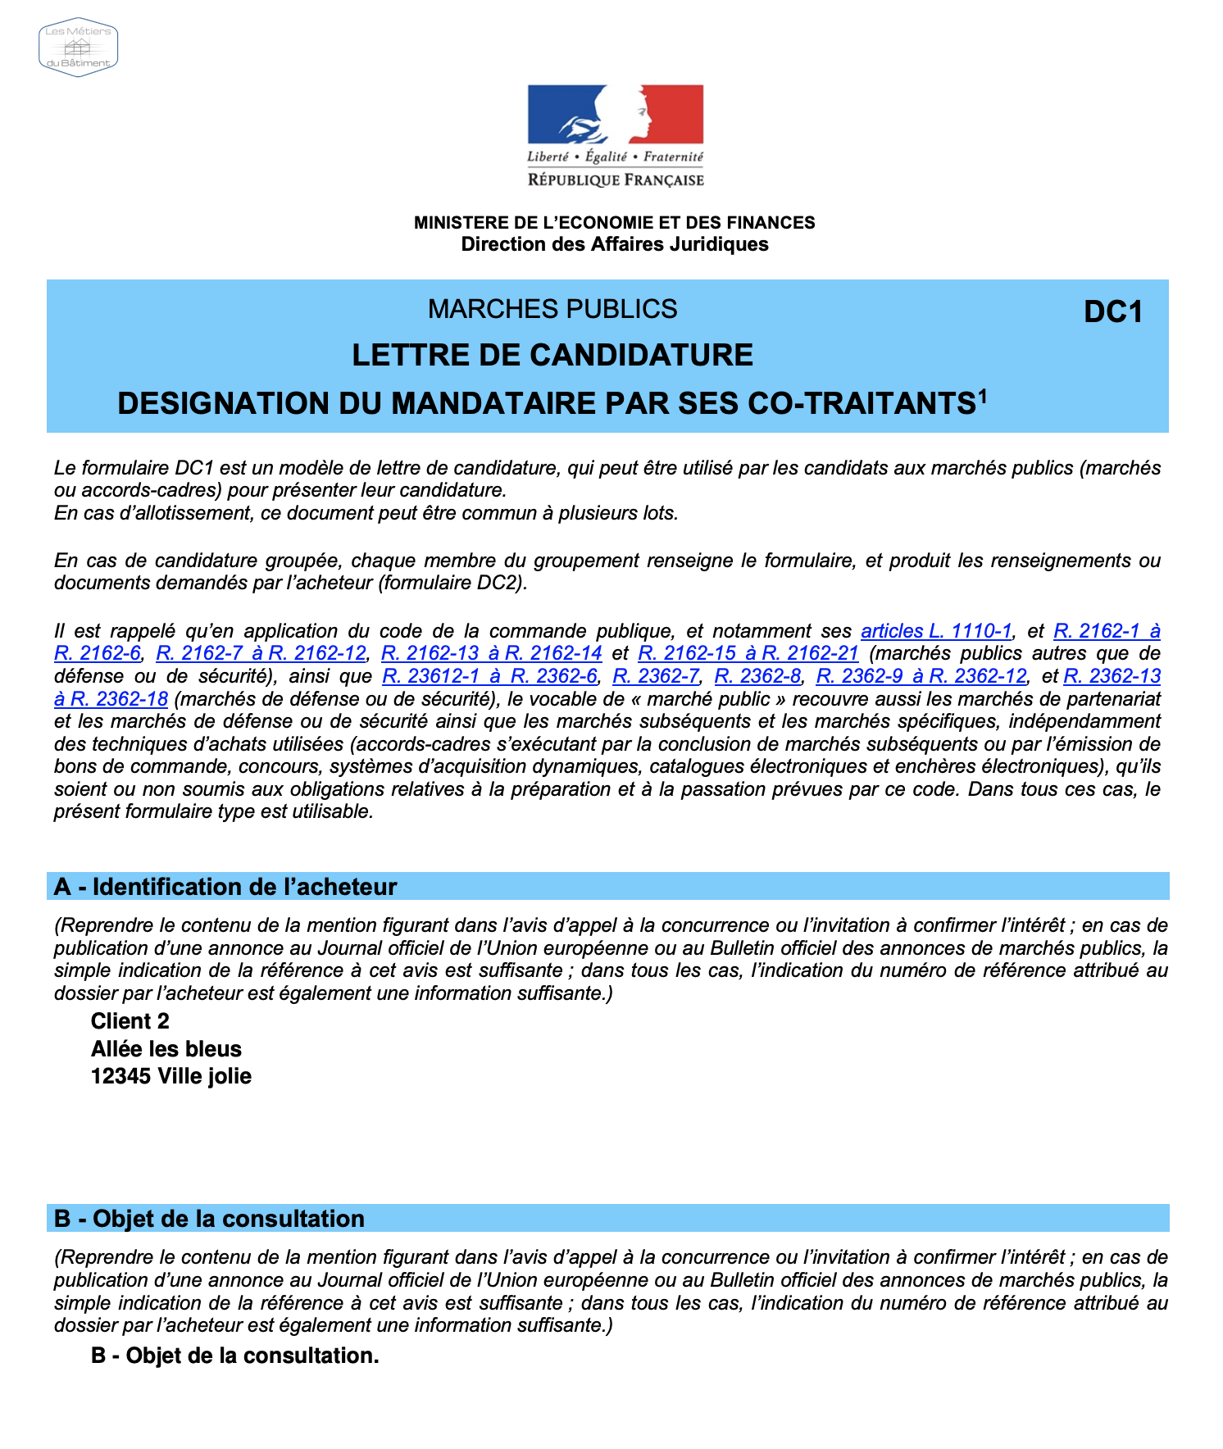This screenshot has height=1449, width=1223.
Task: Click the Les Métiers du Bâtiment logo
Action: tap(79, 48)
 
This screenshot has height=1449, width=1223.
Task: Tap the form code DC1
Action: tap(1112, 312)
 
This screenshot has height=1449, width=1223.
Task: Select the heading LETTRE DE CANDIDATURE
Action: tap(552, 356)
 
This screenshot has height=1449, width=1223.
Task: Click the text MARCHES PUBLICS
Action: tap(552, 309)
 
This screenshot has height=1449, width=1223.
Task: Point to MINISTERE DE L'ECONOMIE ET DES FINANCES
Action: tap(614, 223)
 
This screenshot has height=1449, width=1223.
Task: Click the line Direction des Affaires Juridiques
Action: tap(614, 244)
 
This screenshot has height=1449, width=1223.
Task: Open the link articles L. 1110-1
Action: tap(936, 631)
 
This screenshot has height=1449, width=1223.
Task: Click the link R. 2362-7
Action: tap(656, 676)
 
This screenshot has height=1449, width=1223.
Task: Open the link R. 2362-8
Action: tap(757, 676)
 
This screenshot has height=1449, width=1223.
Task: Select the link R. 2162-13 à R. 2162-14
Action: tap(492, 653)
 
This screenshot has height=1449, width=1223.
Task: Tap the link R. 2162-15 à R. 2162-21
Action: tap(748, 653)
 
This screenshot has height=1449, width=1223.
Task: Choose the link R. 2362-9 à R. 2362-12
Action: tap(921, 676)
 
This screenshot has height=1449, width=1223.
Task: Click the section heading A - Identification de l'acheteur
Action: tap(225, 887)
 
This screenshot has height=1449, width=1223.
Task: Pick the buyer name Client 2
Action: tap(130, 1021)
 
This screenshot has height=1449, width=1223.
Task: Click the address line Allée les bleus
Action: tap(166, 1049)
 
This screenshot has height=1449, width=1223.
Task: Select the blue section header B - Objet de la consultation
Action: tap(209, 1219)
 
